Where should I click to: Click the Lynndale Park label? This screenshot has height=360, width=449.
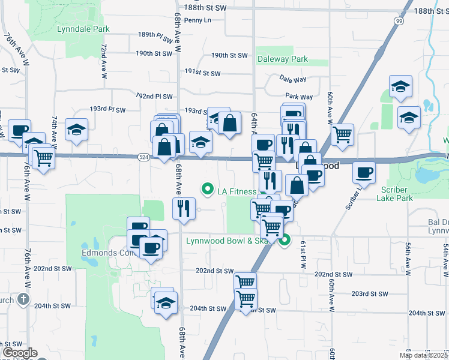(x=83, y=29)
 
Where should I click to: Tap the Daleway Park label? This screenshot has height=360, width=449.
(x=282, y=59)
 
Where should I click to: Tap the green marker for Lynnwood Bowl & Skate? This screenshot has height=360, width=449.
(x=286, y=241)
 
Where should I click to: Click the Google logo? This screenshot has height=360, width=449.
(x=19, y=353)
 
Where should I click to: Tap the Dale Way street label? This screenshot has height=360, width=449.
(x=293, y=79)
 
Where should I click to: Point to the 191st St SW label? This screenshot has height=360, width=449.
(x=202, y=73)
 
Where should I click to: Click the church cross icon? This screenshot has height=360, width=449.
(x=23, y=298)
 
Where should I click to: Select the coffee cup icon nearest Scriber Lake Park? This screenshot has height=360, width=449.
(x=364, y=172)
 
